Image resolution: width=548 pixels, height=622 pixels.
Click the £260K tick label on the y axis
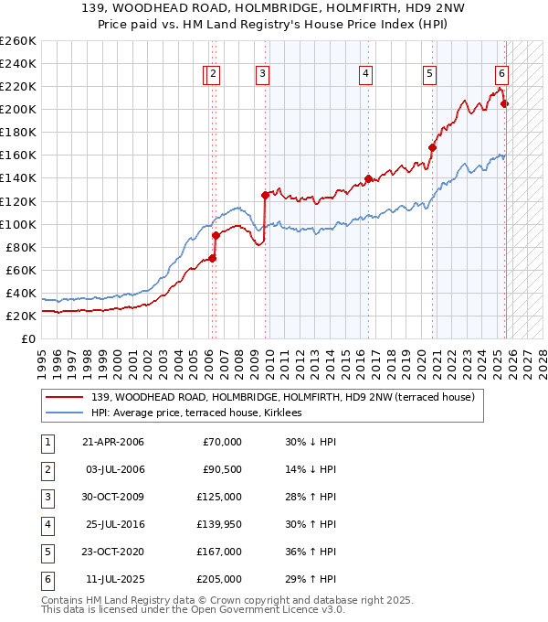(x=18, y=40)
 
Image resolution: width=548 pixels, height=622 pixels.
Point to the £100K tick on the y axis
(x=18, y=224)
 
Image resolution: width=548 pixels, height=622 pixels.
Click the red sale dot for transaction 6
(x=504, y=103)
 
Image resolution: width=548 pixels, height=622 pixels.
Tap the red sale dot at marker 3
(x=265, y=195)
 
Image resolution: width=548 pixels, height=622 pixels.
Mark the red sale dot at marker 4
(x=368, y=178)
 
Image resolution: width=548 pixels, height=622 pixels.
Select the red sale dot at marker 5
(x=432, y=147)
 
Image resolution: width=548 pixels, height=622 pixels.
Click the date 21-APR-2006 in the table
(x=113, y=443)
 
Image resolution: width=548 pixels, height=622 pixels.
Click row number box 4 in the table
(x=47, y=524)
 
